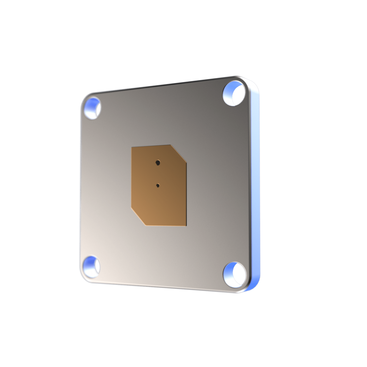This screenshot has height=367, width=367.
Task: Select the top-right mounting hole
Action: click(x=234, y=93)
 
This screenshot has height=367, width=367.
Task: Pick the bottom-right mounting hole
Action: click(x=235, y=274)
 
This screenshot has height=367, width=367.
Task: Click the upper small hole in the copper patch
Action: click(x=158, y=163)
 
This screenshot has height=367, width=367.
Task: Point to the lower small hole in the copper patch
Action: click(x=158, y=186)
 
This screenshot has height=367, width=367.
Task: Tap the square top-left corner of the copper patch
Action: click(x=132, y=148)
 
